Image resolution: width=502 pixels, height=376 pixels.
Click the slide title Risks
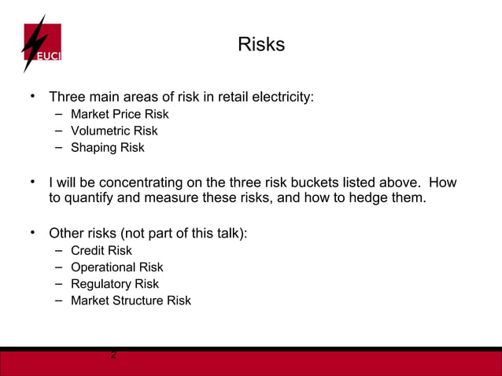(260, 45)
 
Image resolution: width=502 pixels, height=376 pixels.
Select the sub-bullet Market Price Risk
(120, 114)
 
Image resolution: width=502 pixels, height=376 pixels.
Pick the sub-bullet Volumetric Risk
(114, 131)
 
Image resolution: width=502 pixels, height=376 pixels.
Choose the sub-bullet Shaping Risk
(108, 147)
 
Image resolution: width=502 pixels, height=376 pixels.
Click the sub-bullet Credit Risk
(102, 250)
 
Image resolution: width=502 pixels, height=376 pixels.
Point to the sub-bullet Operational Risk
(117, 267)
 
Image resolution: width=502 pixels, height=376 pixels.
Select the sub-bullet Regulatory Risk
(115, 284)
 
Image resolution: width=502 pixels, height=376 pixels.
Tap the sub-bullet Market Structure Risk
(131, 300)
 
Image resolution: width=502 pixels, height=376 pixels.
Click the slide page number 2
(114, 356)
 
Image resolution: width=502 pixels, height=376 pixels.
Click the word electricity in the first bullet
(282, 98)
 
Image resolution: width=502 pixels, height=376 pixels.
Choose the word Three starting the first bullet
(68, 98)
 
